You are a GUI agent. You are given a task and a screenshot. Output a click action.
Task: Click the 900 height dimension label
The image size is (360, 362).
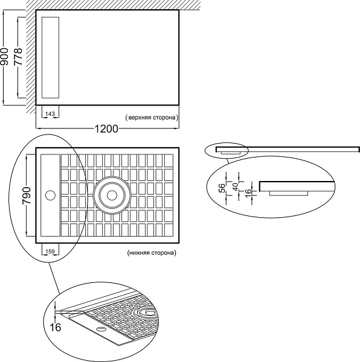tap(4, 57)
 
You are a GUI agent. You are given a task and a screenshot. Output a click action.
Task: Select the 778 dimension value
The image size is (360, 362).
tap(18, 56)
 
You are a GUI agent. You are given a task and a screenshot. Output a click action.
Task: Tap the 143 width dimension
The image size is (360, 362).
tap(50, 114)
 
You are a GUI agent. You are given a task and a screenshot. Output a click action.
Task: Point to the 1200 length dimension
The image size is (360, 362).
tap(106, 129)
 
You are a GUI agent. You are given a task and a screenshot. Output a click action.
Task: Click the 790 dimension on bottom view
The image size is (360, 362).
tap(27, 195)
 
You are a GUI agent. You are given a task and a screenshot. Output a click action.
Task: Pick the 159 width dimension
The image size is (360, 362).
tap(50, 252)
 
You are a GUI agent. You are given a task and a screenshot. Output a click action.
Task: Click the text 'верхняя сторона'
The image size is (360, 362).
tap(152, 118)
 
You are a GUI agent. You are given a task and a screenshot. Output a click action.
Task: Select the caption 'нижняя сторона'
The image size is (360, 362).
tap(152, 253)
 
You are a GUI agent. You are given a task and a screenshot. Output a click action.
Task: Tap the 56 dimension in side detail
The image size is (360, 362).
tap(222, 189)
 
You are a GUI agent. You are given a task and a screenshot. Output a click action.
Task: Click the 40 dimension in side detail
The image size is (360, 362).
tap(236, 186)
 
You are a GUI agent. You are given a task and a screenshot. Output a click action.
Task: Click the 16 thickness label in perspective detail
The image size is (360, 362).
tap(56, 327)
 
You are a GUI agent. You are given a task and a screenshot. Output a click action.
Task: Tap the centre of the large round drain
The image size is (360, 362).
tap(112, 195)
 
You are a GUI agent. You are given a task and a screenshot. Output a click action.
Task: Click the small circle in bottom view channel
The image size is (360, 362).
tap(50, 195)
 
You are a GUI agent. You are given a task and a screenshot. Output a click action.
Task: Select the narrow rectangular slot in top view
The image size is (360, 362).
tap(50, 57)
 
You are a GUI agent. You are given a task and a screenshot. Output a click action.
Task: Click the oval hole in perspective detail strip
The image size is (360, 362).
tap(101, 329)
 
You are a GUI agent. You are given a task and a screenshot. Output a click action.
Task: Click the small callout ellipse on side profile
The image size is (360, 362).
tap(205, 151)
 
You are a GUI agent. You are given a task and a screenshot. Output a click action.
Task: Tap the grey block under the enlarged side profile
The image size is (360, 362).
tap(289, 193)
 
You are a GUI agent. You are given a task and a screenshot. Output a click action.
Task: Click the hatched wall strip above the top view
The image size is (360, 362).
tap(113, 5)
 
